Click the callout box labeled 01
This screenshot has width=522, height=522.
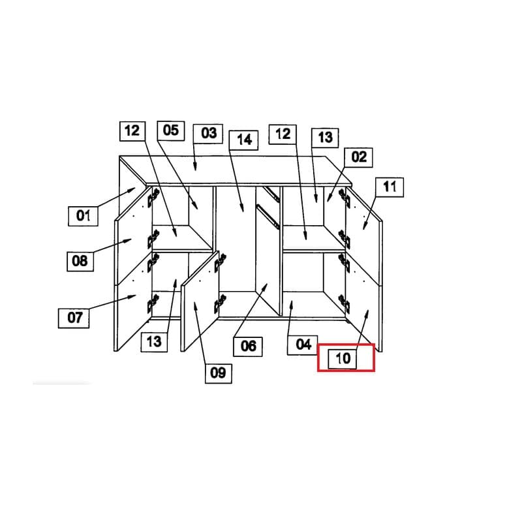pyautogui.click(x=83, y=216)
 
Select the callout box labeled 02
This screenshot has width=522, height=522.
pyautogui.click(x=358, y=157)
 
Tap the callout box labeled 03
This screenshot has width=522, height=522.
pyautogui.click(x=208, y=134)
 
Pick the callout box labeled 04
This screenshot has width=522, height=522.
pyautogui.click(x=303, y=345)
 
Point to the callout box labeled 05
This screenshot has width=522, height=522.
pyautogui.click(x=171, y=131)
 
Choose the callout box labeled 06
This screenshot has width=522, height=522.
pyautogui.click(x=248, y=346)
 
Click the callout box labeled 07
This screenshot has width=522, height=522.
pyautogui.click(x=74, y=318)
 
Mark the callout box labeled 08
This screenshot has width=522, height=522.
pyautogui.click(x=80, y=262)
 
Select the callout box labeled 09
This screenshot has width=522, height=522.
pyautogui.click(x=219, y=373)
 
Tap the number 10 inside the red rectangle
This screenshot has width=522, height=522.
pyautogui.click(x=342, y=359)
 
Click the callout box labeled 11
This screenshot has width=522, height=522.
pyautogui.click(x=390, y=187)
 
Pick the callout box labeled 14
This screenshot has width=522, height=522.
pyautogui.click(x=243, y=140)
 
